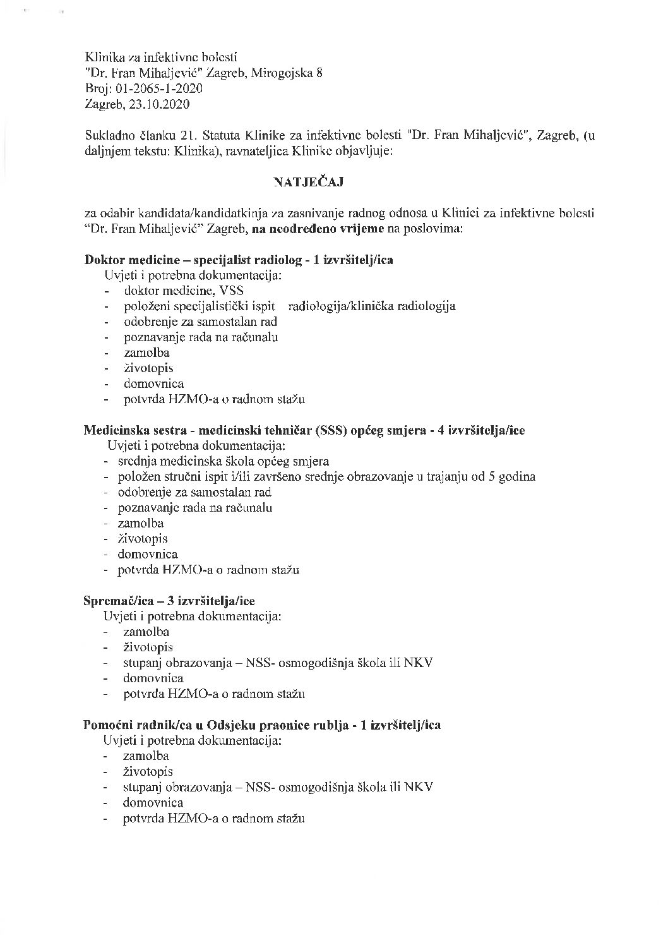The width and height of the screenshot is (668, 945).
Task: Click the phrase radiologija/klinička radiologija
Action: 372,306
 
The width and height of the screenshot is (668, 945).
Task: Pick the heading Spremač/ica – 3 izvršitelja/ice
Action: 169,600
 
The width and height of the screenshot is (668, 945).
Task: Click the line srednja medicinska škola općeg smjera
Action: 223,461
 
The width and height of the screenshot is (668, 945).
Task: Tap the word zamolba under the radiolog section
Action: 146,352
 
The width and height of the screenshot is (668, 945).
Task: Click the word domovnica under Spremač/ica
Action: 153,678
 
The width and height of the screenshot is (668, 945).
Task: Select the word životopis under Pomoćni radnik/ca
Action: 148,771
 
